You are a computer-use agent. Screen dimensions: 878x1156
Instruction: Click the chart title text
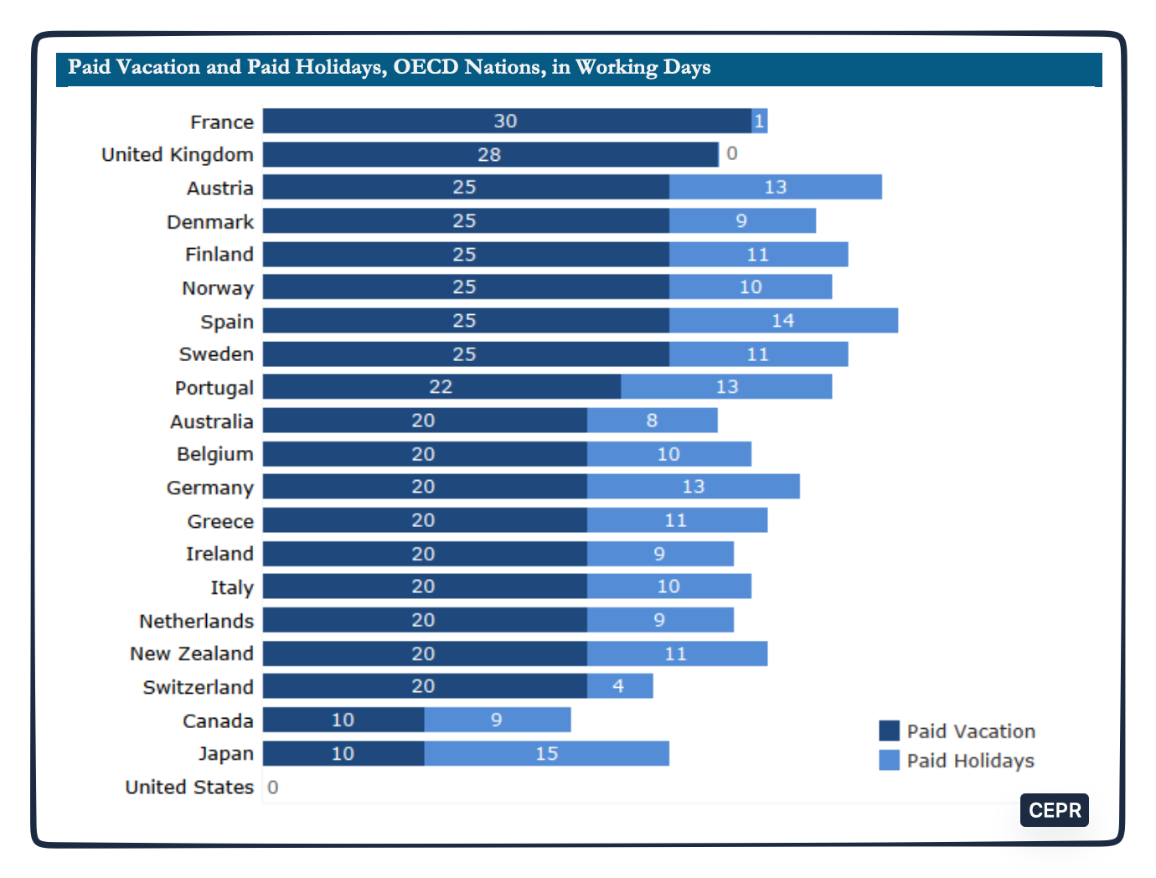(x=389, y=67)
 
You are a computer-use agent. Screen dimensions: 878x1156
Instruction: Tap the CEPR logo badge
(x=1054, y=810)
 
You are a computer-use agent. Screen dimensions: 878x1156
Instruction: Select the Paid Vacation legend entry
(x=957, y=731)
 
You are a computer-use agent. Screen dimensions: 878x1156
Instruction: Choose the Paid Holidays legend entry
(x=957, y=761)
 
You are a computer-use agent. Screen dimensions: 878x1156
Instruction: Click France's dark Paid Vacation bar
(x=507, y=121)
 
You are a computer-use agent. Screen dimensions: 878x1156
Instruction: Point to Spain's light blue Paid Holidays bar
(x=783, y=321)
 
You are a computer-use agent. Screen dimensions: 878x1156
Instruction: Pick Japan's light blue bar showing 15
(x=546, y=754)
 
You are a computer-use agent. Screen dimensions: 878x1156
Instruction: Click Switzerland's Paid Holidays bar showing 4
(x=619, y=686)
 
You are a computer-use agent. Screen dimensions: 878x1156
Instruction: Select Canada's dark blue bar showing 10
(x=343, y=720)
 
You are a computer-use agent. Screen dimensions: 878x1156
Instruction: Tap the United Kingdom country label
(x=178, y=155)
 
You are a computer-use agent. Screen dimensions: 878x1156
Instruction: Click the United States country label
(x=189, y=788)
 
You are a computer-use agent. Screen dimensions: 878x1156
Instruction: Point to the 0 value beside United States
(x=273, y=788)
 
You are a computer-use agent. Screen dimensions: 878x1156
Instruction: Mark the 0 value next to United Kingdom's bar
(x=732, y=154)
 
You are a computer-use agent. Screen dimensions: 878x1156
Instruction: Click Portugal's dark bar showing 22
(x=441, y=387)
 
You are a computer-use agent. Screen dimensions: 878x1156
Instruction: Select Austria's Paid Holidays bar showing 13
(x=775, y=188)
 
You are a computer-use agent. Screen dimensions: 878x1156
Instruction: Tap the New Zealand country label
(x=192, y=653)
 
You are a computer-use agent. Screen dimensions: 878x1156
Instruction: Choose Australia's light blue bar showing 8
(x=652, y=421)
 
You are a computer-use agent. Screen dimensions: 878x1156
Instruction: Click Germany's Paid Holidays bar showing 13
(x=693, y=487)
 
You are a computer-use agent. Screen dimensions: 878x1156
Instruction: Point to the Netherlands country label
(x=196, y=621)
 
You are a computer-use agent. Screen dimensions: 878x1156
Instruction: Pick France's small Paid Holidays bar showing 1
(x=760, y=121)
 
